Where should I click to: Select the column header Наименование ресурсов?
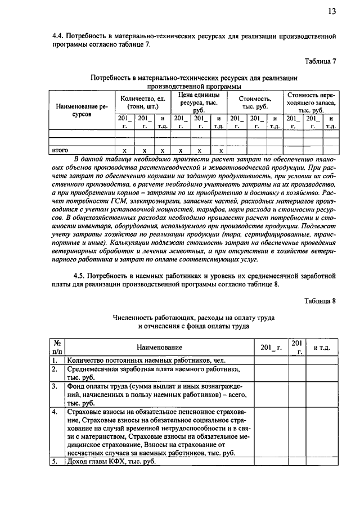coord(78,109)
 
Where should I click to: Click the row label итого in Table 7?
coord(60,151)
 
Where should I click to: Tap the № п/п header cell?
coord(56,348)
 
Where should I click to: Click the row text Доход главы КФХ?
coord(111,462)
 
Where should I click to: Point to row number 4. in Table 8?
coord(55,412)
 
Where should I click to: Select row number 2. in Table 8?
coord(55,370)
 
